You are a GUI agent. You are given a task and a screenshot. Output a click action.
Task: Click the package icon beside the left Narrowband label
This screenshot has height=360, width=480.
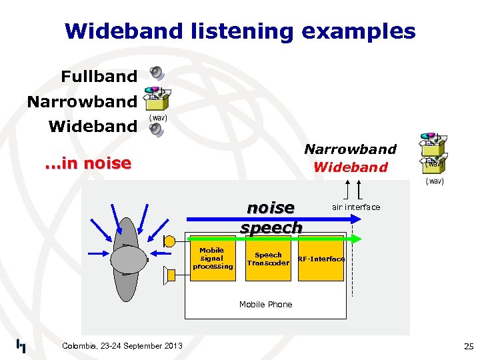[x=156, y=100]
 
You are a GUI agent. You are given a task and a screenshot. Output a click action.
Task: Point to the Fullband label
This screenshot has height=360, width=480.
[x=99, y=77]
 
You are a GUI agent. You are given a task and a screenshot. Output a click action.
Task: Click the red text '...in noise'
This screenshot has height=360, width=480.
[x=87, y=163]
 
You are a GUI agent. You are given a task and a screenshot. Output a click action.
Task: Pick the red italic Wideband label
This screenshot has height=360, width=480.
[x=350, y=167]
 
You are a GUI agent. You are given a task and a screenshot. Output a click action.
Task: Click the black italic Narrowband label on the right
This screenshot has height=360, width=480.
[x=350, y=149]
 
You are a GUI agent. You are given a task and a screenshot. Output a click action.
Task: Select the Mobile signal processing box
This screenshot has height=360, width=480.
[x=213, y=258]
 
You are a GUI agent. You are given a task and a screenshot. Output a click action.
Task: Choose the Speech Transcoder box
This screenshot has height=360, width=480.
[x=268, y=259]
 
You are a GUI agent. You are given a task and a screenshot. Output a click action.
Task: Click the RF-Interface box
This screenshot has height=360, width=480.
[x=321, y=259]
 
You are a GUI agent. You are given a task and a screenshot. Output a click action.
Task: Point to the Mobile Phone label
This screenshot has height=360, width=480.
[x=265, y=305]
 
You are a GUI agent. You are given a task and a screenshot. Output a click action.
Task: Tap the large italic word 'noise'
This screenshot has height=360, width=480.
[x=271, y=208]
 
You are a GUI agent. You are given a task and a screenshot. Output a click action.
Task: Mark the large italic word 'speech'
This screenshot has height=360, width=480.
[x=271, y=227]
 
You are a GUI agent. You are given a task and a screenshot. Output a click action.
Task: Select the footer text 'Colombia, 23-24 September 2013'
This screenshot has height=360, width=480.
[x=121, y=345]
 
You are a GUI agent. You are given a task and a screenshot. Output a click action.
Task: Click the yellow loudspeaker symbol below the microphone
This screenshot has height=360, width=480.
[x=169, y=273]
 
